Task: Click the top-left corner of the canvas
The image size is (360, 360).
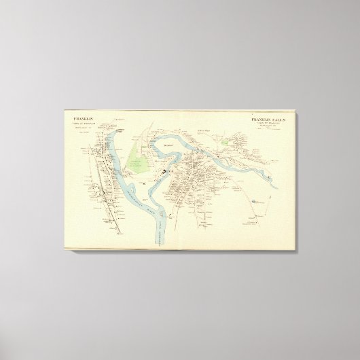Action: (x=63, y=109)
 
